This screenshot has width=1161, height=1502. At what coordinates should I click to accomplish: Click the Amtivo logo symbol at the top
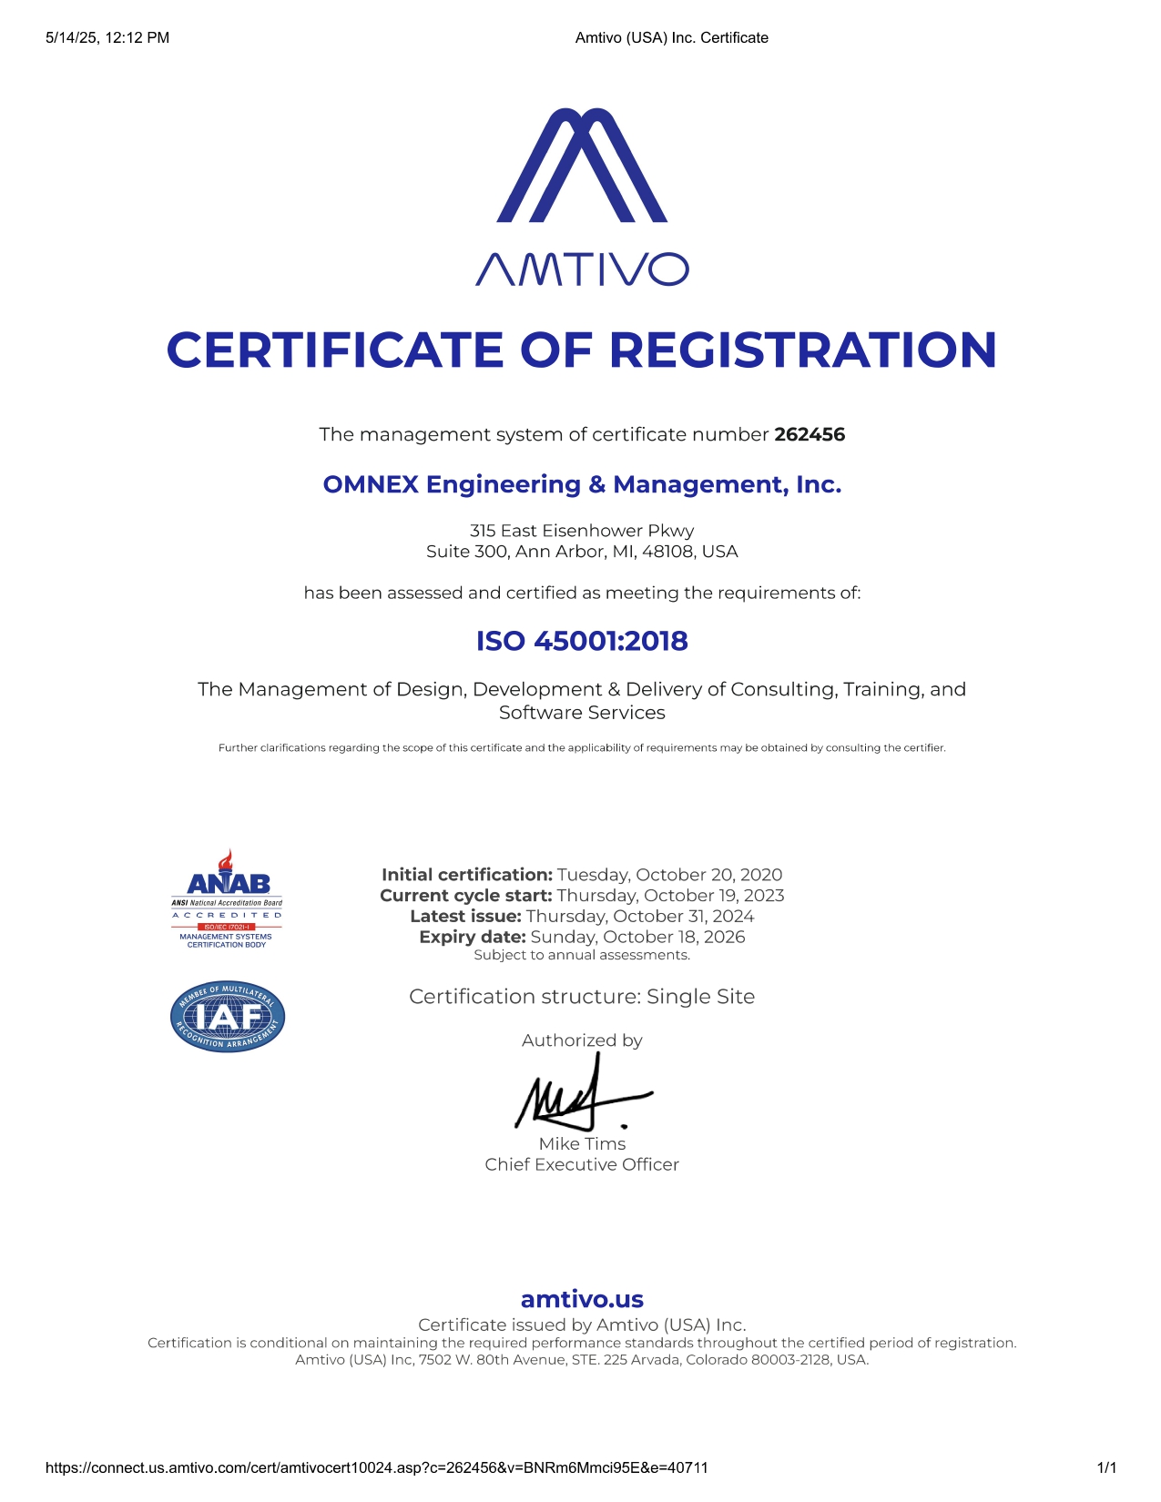(x=582, y=166)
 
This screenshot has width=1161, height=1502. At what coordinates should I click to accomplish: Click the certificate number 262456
(x=810, y=434)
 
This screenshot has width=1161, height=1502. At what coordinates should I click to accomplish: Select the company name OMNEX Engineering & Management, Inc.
(x=582, y=484)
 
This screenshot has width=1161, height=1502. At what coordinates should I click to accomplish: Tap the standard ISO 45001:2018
(x=582, y=641)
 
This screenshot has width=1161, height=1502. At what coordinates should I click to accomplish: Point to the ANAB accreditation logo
(x=227, y=899)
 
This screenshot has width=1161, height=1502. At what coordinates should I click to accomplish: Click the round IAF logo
(x=228, y=1017)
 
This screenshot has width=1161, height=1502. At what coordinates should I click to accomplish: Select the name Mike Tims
(x=582, y=1144)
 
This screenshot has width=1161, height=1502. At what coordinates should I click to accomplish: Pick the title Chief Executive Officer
(x=582, y=1165)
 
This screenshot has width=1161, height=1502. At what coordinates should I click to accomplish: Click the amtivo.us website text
(x=582, y=1299)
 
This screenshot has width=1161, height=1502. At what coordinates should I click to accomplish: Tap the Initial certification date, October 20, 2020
(x=669, y=875)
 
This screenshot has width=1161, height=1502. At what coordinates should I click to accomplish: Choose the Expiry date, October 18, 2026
(x=637, y=937)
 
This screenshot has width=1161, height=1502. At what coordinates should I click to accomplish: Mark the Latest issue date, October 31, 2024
(x=640, y=916)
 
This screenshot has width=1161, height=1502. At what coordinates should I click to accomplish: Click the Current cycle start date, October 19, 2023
(x=670, y=896)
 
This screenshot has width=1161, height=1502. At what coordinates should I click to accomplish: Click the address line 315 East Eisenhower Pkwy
(x=582, y=531)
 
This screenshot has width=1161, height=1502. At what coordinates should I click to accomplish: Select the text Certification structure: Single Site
(x=582, y=997)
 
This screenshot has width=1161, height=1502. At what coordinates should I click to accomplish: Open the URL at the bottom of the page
(x=376, y=1467)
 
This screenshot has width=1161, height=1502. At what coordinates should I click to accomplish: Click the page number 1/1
(x=1106, y=1467)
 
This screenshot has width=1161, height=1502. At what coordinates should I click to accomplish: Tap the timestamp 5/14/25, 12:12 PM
(x=107, y=37)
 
